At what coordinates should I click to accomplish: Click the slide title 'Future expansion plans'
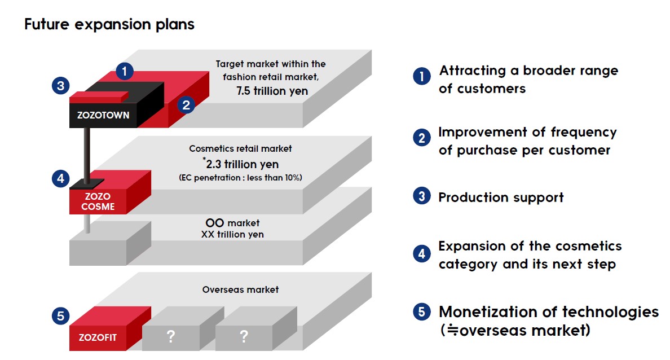click(x=109, y=24)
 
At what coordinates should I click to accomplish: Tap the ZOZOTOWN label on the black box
click(x=103, y=115)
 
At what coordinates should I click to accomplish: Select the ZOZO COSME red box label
click(x=98, y=201)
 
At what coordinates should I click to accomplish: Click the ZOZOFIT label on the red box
click(x=98, y=337)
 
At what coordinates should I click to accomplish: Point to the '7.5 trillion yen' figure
click(x=272, y=91)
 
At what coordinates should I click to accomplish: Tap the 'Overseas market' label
click(x=241, y=289)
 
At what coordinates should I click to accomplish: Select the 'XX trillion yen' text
click(x=232, y=234)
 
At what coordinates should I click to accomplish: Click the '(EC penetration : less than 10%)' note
click(x=241, y=177)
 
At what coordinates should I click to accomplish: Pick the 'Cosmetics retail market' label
click(x=241, y=148)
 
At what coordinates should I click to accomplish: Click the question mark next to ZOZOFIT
click(x=171, y=336)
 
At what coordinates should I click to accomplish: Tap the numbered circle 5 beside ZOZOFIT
click(x=61, y=316)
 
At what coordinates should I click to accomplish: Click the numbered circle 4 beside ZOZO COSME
click(x=61, y=178)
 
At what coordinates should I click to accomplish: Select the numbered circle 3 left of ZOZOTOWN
click(x=61, y=86)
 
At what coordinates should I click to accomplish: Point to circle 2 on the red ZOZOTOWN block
click(x=186, y=105)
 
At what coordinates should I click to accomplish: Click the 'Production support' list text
click(x=501, y=197)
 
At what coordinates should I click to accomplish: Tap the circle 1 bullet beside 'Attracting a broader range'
click(x=422, y=76)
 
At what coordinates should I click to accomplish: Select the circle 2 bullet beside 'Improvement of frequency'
click(x=422, y=138)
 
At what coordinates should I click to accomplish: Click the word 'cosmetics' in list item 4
click(x=586, y=246)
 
